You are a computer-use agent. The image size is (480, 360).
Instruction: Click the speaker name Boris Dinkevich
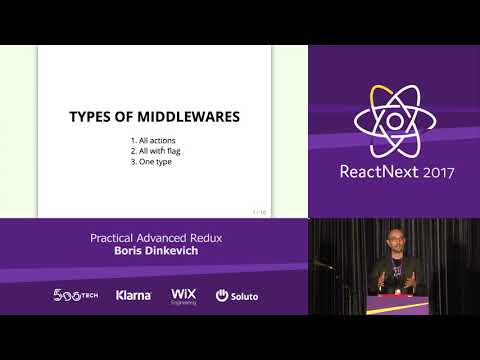[x=153, y=252]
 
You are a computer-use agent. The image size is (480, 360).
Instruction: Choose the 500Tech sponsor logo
[x=76, y=296]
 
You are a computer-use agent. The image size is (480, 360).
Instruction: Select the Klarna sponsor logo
[x=133, y=296]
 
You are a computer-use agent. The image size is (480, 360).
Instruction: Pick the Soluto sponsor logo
[x=236, y=296]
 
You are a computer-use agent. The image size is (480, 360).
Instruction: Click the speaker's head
[x=392, y=239]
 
